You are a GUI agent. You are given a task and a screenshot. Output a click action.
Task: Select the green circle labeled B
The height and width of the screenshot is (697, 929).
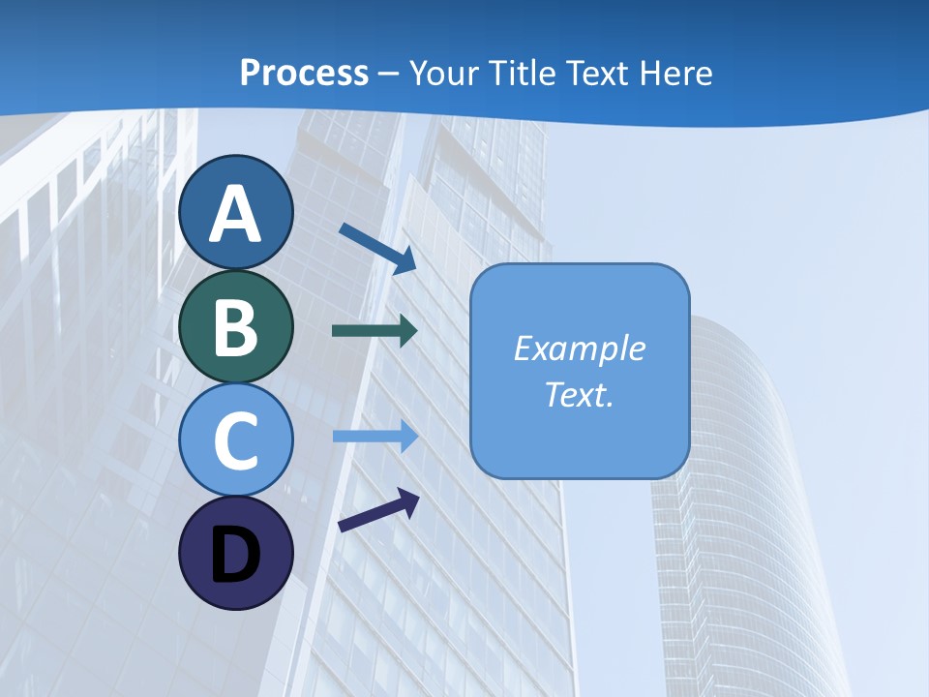235,326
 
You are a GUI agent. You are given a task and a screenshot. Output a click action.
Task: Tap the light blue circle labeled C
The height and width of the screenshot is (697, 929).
235,439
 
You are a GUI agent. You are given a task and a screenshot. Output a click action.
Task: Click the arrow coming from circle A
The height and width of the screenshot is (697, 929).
377,248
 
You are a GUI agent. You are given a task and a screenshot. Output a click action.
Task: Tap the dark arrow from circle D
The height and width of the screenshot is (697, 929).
378,509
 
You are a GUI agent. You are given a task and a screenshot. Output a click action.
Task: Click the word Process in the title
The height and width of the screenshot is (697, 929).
304,74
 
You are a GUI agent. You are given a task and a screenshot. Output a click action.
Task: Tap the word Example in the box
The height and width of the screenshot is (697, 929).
579,348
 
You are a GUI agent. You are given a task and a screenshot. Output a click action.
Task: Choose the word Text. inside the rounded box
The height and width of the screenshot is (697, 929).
579,394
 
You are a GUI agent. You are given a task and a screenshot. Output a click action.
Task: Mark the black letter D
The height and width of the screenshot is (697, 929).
235,555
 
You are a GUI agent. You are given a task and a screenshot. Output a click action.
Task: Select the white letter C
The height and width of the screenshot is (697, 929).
235,440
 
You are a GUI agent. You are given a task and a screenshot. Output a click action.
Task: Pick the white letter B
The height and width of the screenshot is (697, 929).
235,327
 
